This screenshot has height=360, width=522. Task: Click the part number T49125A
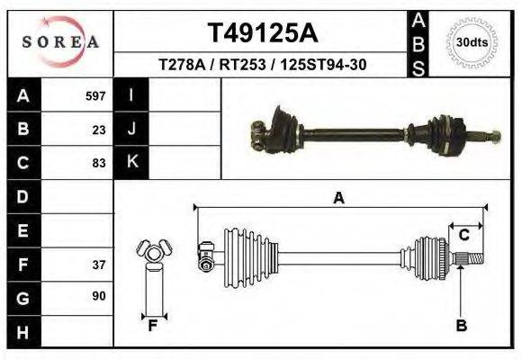[x=262, y=33]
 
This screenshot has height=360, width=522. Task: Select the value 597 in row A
[x=95, y=95]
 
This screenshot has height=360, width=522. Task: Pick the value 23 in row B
[x=99, y=130]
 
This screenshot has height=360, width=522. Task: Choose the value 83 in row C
[x=99, y=164]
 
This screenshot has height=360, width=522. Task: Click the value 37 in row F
[x=99, y=265]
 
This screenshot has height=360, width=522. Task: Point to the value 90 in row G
[x=99, y=296]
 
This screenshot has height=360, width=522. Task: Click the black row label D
[x=22, y=196]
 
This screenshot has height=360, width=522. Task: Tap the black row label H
[x=22, y=332]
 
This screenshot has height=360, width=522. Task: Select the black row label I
[x=131, y=95]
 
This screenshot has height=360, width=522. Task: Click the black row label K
[x=131, y=163]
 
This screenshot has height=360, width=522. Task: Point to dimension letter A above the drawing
[x=339, y=198]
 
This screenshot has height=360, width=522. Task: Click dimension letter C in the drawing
[x=464, y=236]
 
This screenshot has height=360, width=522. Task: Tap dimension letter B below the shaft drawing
[x=461, y=326]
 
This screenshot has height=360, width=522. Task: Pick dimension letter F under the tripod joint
[x=153, y=326]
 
